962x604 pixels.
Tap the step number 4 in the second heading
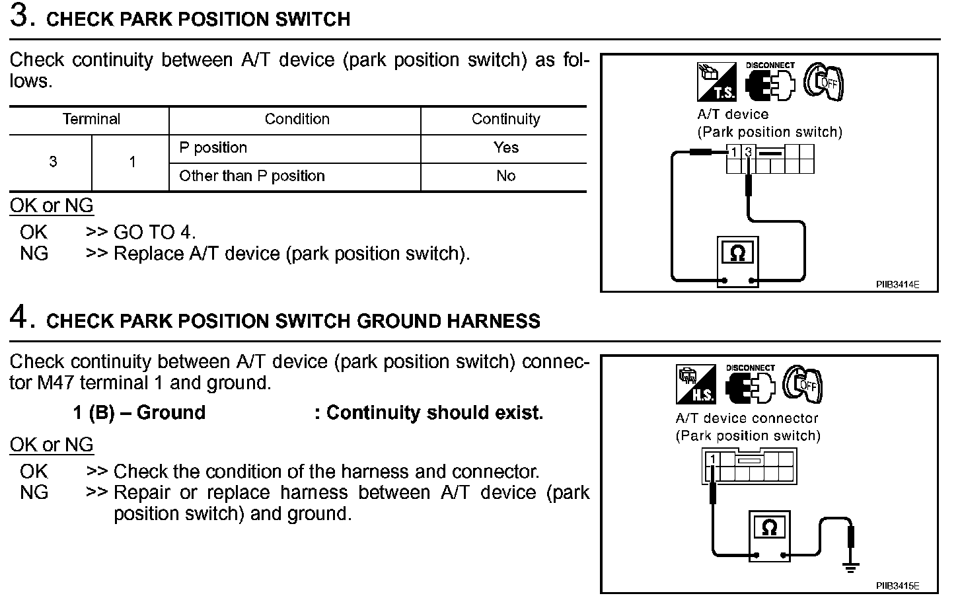click(21, 318)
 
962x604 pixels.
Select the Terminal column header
click(91, 120)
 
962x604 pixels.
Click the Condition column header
click(297, 120)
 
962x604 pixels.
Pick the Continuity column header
click(505, 120)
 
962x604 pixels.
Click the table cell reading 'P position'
click(213, 148)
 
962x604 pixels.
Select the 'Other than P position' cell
click(252, 176)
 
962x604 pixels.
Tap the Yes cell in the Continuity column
click(505, 148)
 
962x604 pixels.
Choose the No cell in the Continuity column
click(505, 176)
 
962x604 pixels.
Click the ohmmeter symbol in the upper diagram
click(738, 254)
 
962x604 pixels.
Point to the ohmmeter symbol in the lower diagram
click(769, 527)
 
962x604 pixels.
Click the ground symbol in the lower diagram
click(850, 566)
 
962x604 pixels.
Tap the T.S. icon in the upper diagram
click(716, 82)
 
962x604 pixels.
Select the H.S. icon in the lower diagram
click(696, 385)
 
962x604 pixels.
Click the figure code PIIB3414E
click(897, 285)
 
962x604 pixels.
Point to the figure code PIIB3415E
click(897, 586)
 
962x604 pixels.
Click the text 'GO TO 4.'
click(155, 233)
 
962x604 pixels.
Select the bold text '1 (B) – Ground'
click(139, 413)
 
